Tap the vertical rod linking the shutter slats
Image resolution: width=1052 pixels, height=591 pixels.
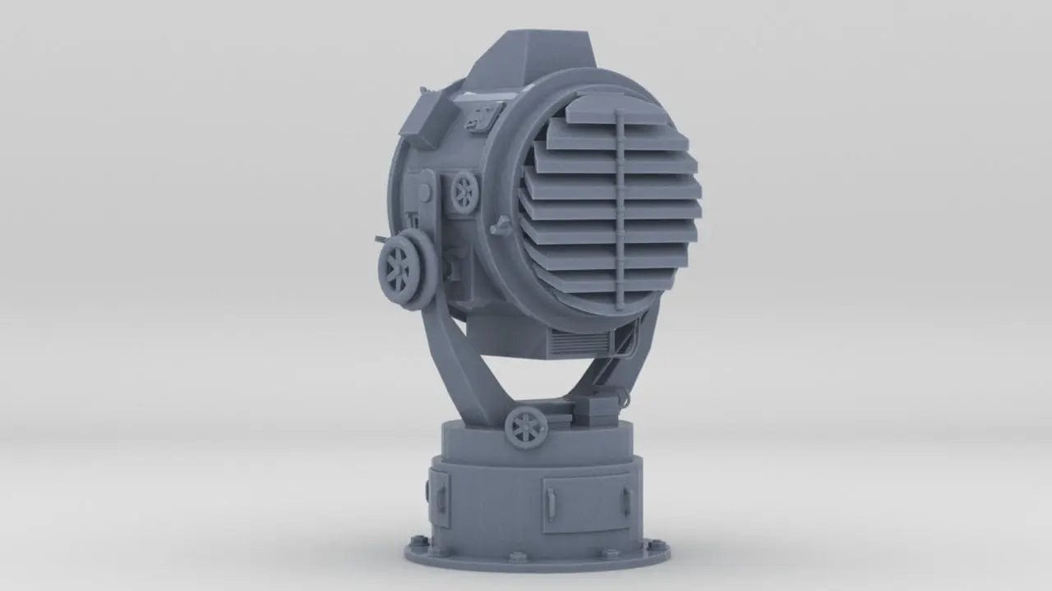click(x=621, y=205)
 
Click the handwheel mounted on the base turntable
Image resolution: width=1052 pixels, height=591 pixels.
click(x=524, y=428)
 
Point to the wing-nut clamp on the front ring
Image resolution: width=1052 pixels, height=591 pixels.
click(x=499, y=226)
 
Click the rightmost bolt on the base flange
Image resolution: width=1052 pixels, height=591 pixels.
click(x=654, y=543)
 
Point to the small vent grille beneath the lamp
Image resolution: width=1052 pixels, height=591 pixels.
click(x=575, y=343)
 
